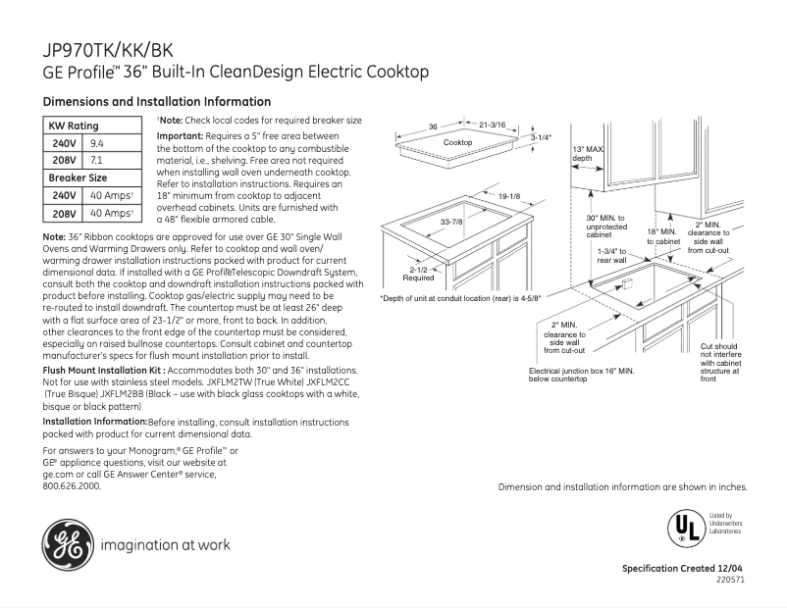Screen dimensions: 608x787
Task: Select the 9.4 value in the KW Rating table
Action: coord(97,143)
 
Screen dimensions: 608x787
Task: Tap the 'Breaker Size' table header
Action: coord(78,178)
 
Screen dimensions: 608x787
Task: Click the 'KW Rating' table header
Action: coord(74,126)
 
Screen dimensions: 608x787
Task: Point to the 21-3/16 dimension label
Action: coord(492,126)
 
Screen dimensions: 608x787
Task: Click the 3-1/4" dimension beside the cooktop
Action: coord(541,138)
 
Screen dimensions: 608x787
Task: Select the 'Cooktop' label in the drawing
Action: coord(457,143)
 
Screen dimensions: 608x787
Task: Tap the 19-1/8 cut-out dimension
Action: coord(508,197)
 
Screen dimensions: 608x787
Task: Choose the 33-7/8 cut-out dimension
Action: coord(451,223)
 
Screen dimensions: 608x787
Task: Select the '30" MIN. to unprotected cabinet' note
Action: coord(605,227)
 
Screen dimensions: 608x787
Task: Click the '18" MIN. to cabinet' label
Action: coord(662,236)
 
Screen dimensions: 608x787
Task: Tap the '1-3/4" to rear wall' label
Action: coord(611,255)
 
